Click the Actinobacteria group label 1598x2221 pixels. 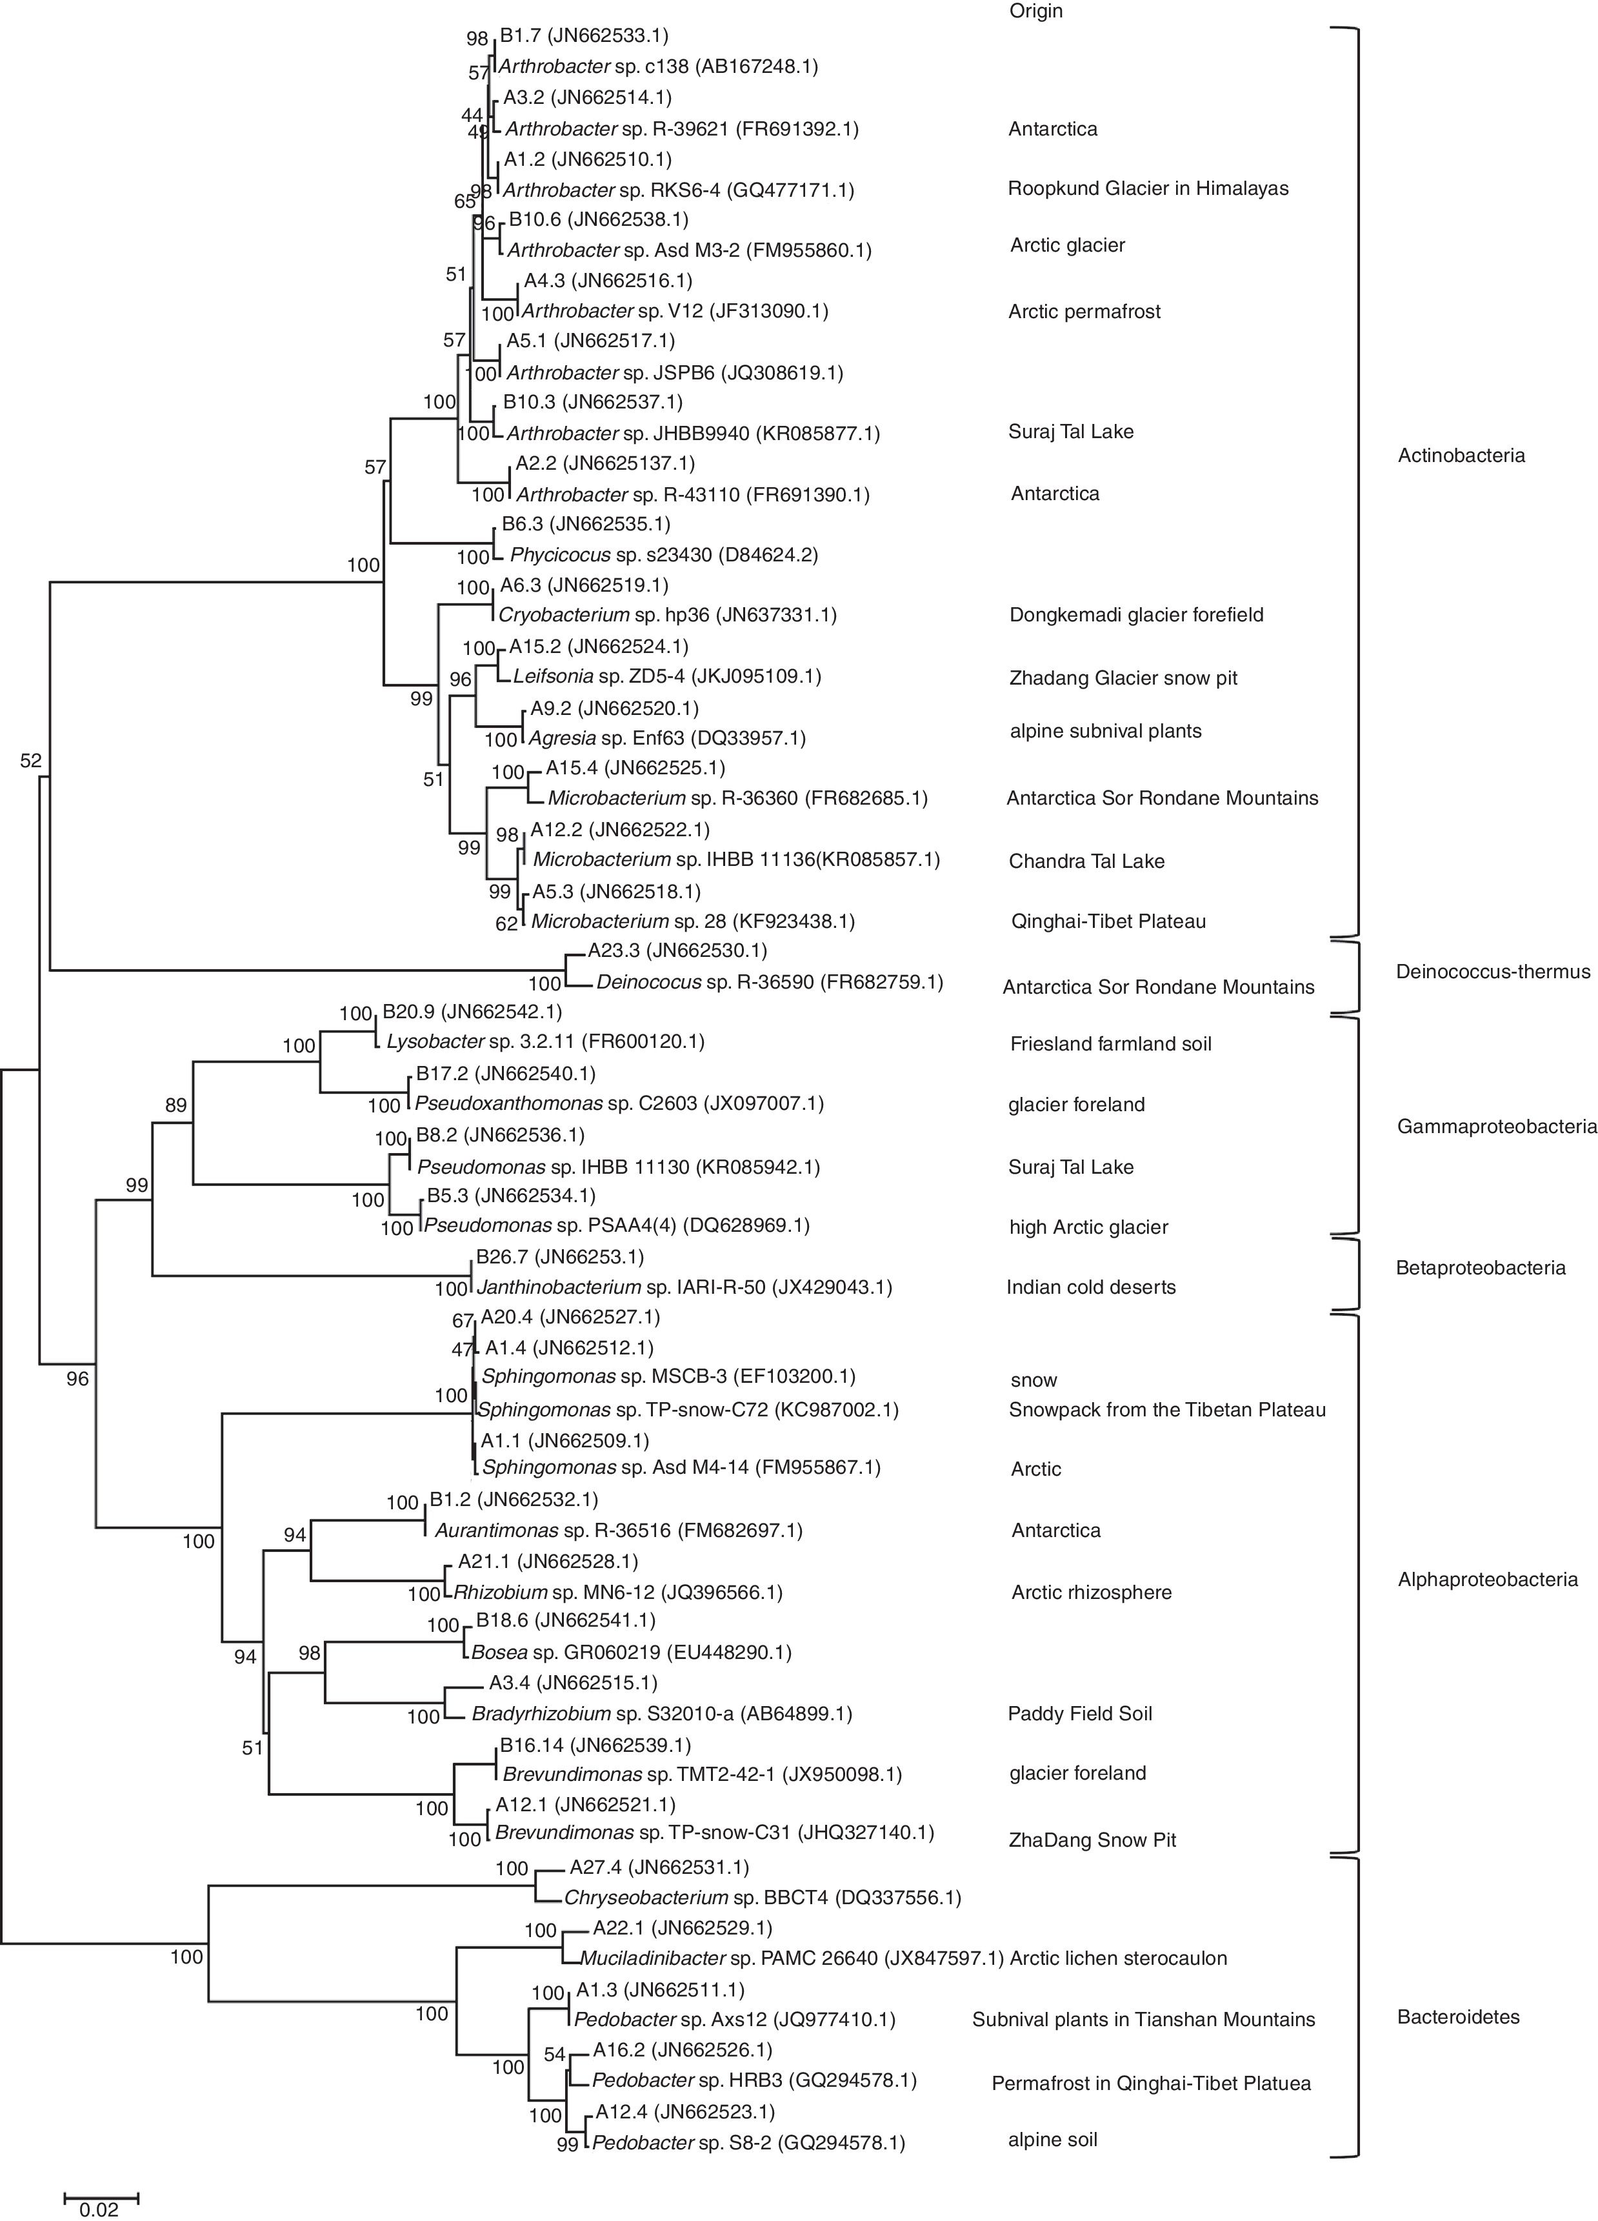tap(1461, 456)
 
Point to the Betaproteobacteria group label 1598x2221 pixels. tap(1481, 1268)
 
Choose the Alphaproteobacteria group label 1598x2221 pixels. tap(1487, 1578)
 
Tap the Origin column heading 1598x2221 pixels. tap(1035, 12)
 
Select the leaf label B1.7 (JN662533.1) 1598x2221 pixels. tap(584, 36)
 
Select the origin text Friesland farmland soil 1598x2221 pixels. tap(1110, 1044)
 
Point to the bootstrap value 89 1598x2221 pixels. tap(176, 1105)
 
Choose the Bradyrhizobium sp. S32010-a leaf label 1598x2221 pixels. tap(662, 1714)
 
